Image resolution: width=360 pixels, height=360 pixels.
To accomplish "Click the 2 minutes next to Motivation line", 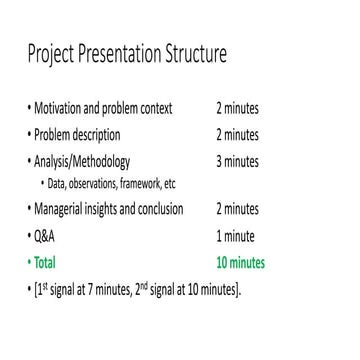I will pyautogui.click(x=241, y=107).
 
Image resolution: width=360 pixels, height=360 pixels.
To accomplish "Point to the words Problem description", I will pyautogui.click(x=76, y=133).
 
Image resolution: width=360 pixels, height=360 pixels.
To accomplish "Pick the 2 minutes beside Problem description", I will pyautogui.click(x=241, y=133).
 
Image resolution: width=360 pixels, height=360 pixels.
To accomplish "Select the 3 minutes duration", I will pyautogui.click(x=241, y=159).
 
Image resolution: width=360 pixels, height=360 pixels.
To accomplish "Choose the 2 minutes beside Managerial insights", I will pyautogui.click(x=241, y=210).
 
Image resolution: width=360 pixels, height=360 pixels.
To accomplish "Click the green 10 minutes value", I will pyautogui.click(x=241, y=264).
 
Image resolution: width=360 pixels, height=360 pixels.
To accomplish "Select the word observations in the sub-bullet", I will pyautogui.click(x=93, y=182).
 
